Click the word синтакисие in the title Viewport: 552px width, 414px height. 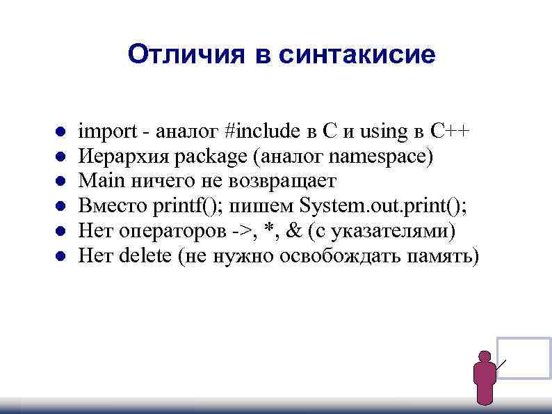(357, 54)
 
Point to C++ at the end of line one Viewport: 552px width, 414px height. (450, 131)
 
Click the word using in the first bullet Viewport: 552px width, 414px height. (382, 131)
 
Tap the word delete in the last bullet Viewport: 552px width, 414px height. (145, 256)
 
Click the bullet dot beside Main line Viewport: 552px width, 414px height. (60, 182)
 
